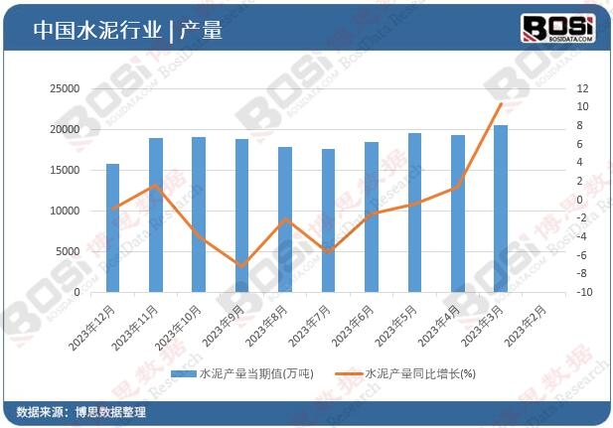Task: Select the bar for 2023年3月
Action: pyautogui.click(x=501, y=209)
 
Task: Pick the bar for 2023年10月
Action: pyautogui.click(x=199, y=214)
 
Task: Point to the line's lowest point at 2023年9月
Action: pyautogui.click(x=241, y=266)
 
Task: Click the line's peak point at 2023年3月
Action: pyautogui.click(x=501, y=103)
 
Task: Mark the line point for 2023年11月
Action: pyautogui.click(x=156, y=186)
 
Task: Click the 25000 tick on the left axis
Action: pyautogui.click(x=65, y=88)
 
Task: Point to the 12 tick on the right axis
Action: pyautogui.click(x=583, y=88)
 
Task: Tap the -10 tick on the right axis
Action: pyautogui.click(x=584, y=292)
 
